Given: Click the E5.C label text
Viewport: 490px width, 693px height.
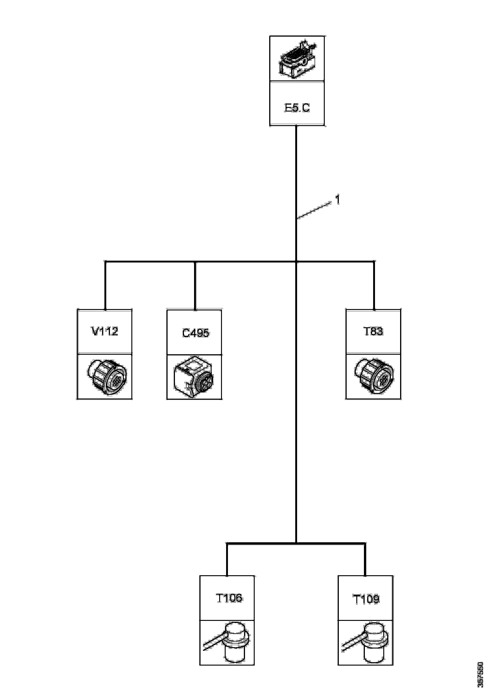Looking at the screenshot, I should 297,108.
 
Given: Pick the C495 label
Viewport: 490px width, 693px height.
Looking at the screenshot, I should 195,333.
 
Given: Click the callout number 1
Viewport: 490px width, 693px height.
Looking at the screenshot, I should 338,200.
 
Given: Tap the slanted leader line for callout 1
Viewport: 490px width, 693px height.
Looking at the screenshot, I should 314,210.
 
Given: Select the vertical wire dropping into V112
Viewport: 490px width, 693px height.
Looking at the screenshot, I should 105,285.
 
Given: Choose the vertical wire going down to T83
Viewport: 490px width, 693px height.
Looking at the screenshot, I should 374,285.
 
